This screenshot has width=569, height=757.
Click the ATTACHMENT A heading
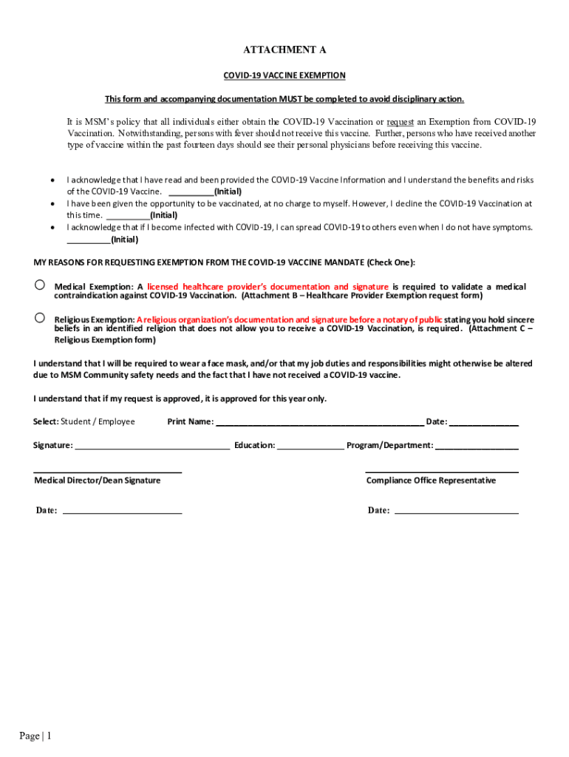284,50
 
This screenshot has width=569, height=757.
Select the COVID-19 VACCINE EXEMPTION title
284,75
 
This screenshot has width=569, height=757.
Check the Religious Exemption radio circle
41,317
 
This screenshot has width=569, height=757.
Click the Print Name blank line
319,423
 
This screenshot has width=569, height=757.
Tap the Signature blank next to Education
152,447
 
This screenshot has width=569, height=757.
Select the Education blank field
310,447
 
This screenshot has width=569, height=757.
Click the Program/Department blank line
477,447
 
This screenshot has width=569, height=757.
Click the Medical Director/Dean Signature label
98,481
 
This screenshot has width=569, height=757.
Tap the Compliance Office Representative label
431,481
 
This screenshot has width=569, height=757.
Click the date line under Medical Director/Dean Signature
122,511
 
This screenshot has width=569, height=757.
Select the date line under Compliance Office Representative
457,511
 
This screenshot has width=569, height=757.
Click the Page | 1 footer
35,736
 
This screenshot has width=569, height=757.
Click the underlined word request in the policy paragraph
400,122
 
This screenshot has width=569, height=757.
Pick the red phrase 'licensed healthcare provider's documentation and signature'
268,287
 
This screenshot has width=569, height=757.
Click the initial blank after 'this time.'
128,215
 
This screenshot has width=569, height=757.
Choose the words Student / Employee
98,422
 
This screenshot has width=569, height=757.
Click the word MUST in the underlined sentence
289,99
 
